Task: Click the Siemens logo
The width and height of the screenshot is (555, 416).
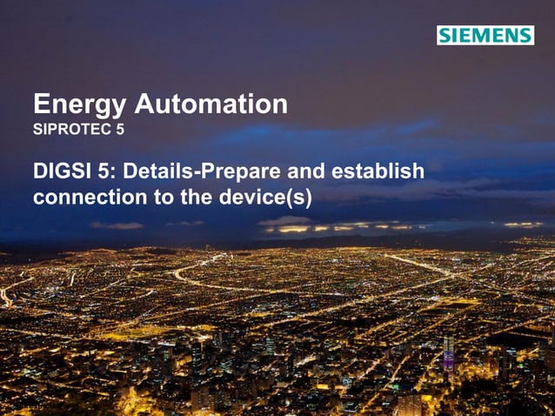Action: point(485,36)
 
